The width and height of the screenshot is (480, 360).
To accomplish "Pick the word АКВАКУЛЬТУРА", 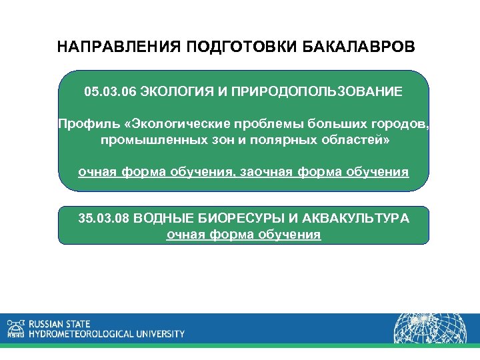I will pos(357,219).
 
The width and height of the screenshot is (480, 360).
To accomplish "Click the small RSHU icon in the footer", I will pos(15,328).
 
